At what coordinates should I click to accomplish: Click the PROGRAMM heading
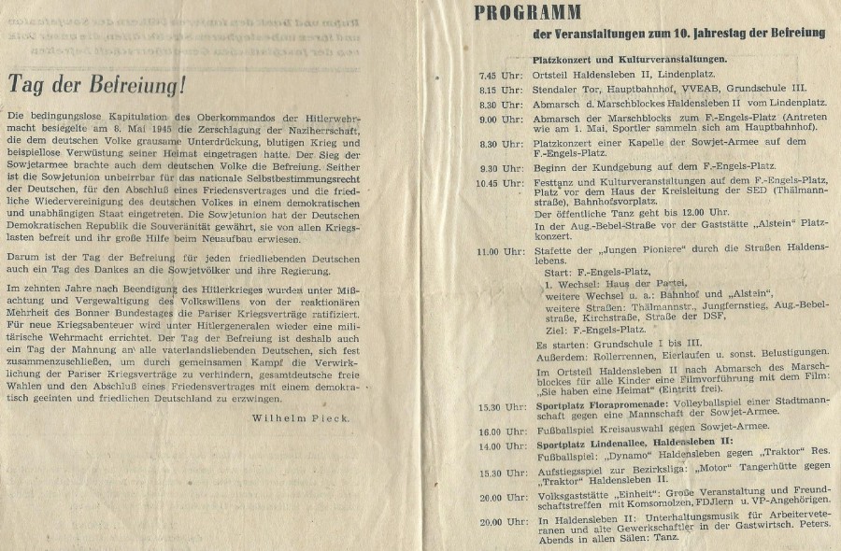click(x=526, y=12)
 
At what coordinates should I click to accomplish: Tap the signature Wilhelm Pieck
click(x=301, y=417)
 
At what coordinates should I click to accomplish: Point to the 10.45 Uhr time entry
click(x=493, y=185)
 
